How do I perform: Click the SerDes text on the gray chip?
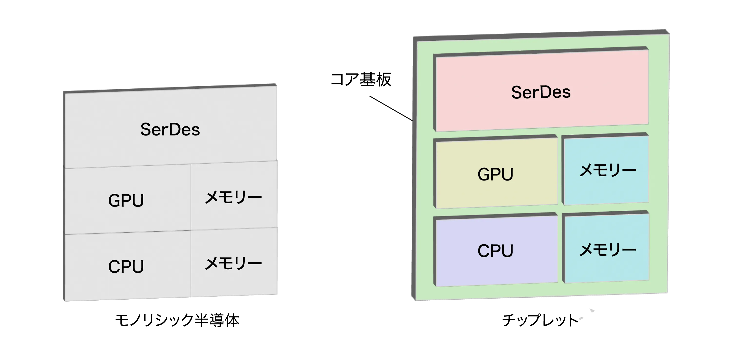(170, 129)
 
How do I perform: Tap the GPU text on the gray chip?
(126, 200)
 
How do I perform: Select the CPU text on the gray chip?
(126, 266)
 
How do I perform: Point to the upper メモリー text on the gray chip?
(233, 197)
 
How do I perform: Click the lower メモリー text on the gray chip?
(233, 264)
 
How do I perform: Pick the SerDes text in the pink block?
(541, 92)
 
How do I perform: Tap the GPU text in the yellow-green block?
(495, 174)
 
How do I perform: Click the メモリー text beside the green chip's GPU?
(607, 171)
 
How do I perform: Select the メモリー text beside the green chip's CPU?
(607, 250)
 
